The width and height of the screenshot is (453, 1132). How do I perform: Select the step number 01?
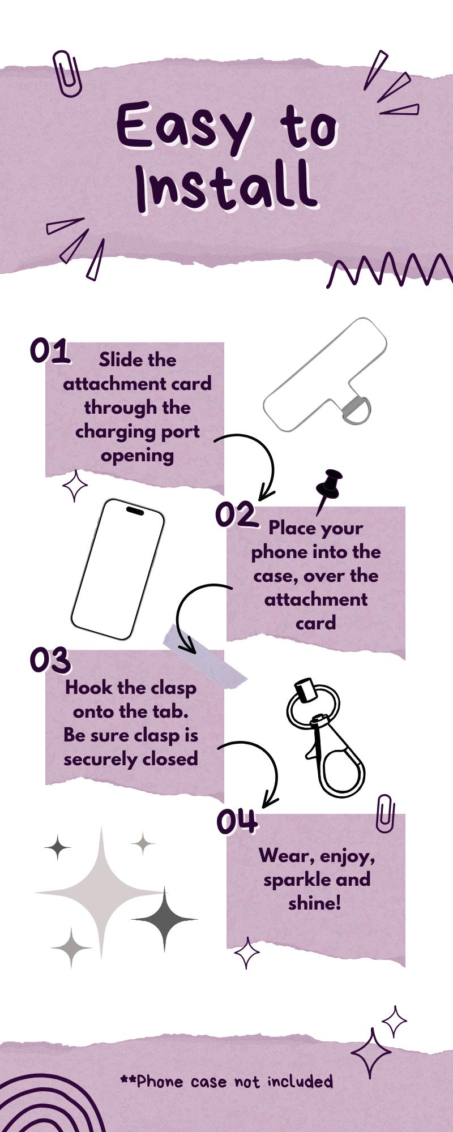50,351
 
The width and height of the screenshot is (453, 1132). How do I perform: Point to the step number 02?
236,514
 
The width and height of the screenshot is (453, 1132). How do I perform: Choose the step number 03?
50,660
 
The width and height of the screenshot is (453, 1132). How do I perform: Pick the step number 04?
237,822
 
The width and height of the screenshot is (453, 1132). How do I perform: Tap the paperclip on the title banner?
67,73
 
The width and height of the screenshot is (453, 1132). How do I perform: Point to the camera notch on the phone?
135,511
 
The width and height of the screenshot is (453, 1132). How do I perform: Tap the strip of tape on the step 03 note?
205,656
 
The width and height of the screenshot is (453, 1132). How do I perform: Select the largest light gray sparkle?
102,893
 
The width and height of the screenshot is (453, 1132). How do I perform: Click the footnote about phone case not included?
226,1081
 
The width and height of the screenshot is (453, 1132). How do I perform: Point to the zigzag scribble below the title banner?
391,271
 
